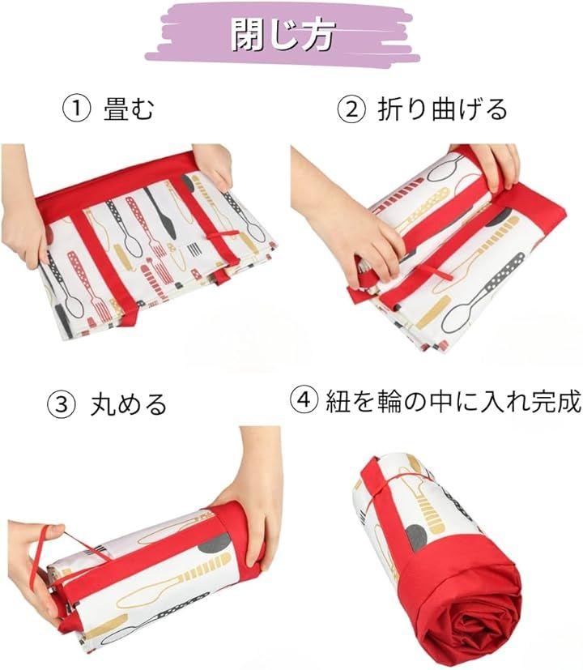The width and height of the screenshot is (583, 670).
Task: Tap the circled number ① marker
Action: [x=77, y=109]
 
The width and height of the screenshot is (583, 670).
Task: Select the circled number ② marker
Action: [x=351, y=109]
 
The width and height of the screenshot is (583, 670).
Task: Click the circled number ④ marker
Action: [x=304, y=400]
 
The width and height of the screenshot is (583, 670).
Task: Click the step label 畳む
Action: [x=128, y=109]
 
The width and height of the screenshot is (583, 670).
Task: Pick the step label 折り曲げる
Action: [x=442, y=109]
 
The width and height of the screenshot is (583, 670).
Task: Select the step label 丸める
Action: [x=128, y=404]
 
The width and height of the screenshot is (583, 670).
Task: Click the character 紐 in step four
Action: [x=338, y=401]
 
